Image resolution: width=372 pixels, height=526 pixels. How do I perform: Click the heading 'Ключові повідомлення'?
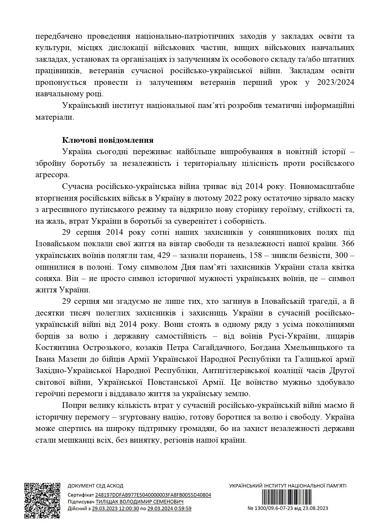(108, 140)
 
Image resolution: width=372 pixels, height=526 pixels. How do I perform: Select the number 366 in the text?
(348, 244)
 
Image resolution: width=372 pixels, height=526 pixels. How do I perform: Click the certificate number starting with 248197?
(153, 495)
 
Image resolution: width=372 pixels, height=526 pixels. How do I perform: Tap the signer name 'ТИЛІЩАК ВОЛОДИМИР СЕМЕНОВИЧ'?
(139, 502)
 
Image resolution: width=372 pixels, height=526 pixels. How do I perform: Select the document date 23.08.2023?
(317, 508)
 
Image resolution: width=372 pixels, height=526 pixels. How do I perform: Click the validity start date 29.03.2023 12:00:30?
(115, 508)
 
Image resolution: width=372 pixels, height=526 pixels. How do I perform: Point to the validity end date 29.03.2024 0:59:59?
(169, 508)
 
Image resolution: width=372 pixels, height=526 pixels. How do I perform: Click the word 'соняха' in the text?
(47, 278)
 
